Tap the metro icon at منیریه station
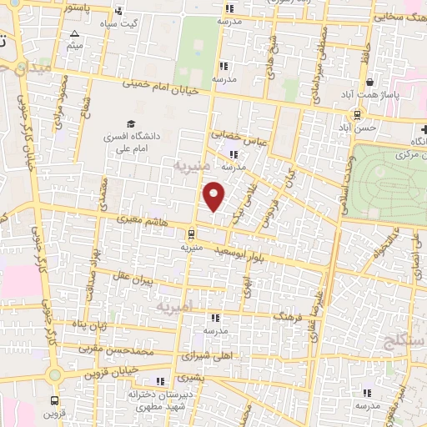click(x=192, y=234)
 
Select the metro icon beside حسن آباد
click(x=357, y=115)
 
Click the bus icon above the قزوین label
click(x=55, y=400)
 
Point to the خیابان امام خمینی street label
click(x=162, y=84)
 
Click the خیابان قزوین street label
click(x=109, y=372)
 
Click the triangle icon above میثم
click(x=75, y=34)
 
